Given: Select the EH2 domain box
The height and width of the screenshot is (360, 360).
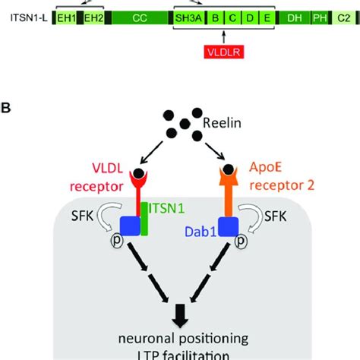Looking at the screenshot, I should pyautogui.click(x=93, y=16).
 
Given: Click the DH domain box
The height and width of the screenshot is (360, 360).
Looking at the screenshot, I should pyautogui.click(x=292, y=16).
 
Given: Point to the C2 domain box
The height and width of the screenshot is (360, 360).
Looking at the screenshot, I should pyautogui.click(x=346, y=16).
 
